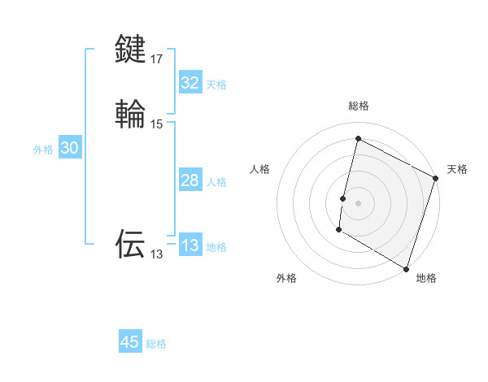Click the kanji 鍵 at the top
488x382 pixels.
(131, 49)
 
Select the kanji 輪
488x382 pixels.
(131, 114)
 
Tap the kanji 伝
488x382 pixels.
(131, 243)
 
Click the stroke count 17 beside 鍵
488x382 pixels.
(157, 59)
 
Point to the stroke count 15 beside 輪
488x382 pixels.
(157, 124)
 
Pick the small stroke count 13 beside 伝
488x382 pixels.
(156, 254)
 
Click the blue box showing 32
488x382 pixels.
(190, 83)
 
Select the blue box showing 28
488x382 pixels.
(190, 180)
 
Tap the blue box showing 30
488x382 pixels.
(70, 148)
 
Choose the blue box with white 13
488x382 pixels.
(190, 245)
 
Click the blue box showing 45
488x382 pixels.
(130, 342)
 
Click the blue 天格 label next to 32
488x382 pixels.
(216, 85)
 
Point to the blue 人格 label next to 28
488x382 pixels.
(216, 182)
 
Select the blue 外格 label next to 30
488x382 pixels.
(43, 150)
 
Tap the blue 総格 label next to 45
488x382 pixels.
(156, 344)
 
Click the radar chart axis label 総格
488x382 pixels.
(359, 106)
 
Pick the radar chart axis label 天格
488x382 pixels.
(457, 169)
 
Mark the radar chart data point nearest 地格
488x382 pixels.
(406, 267)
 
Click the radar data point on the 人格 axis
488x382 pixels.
(343, 198)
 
